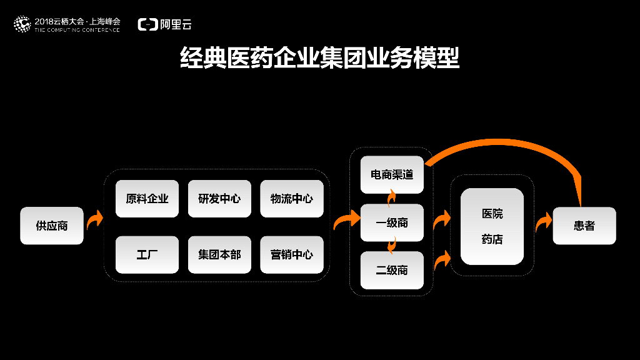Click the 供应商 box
51,226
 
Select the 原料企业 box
147,199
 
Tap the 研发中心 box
219,199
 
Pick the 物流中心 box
292,199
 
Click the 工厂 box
147,254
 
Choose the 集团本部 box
219,254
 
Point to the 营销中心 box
292,254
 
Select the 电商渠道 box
392,174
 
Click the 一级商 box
392,222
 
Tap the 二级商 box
392,270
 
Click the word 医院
492,214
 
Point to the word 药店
492,239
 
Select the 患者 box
584,226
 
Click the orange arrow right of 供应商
94,220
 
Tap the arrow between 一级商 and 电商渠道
392,198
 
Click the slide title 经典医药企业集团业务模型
319,57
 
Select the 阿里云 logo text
175,24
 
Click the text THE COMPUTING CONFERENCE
77,29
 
